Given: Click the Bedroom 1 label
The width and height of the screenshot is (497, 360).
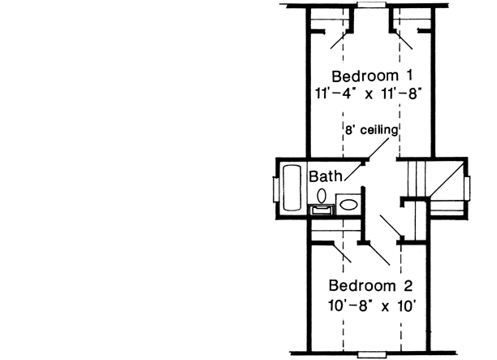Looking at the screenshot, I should (370, 76).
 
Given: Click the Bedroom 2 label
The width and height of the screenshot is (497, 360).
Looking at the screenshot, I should (371, 286).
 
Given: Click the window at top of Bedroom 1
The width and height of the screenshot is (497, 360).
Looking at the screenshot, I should (371, 5).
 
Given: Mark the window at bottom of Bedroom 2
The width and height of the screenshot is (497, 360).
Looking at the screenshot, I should (371, 355).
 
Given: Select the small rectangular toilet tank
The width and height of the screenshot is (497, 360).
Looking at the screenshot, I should (322, 210).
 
